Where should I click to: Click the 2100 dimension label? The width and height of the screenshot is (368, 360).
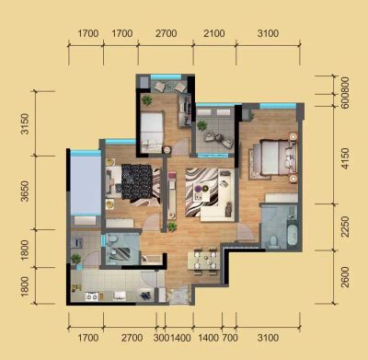point(214,33)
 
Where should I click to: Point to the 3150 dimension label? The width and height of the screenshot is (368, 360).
point(25,124)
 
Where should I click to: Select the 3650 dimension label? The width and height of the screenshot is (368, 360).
point(25,192)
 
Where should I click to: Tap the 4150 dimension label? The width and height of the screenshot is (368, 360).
point(345,158)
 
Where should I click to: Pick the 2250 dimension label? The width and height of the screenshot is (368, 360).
point(345,226)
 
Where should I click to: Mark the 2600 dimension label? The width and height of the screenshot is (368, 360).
point(345,277)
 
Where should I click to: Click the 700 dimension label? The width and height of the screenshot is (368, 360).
point(230,338)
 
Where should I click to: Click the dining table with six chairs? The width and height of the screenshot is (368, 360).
point(203,261)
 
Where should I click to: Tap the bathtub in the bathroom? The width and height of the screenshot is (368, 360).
point(293,236)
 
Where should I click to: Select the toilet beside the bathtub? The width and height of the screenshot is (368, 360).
point(272,241)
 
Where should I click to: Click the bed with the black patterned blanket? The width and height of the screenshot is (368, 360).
point(133,182)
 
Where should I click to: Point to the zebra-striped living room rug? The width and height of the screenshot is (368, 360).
point(201,192)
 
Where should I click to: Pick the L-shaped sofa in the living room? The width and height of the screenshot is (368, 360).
point(222,199)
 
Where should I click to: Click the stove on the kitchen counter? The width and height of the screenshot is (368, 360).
point(92,296)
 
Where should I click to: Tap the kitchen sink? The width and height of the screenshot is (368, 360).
point(120,296)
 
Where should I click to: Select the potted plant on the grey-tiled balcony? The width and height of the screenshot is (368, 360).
point(202,125)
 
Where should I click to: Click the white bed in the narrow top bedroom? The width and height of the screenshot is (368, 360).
point(152,133)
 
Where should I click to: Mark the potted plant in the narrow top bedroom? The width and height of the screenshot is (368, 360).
point(147,100)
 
